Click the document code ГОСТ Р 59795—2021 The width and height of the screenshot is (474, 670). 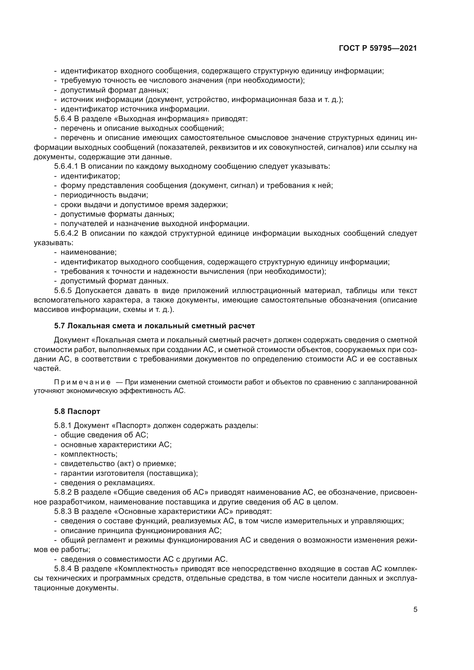(x=378, y=48)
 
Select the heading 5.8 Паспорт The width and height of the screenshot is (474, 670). (x=77, y=411)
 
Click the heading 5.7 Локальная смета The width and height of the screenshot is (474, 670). (x=154, y=326)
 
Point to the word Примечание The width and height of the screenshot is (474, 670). (x=82, y=382)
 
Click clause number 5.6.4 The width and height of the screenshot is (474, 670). (x=63, y=119)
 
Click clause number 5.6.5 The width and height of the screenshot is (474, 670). (x=63, y=291)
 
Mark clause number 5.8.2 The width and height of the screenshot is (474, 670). (x=63, y=492)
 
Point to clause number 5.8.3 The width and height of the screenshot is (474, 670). (x=63, y=511)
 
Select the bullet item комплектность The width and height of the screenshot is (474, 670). (x=89, y=454)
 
